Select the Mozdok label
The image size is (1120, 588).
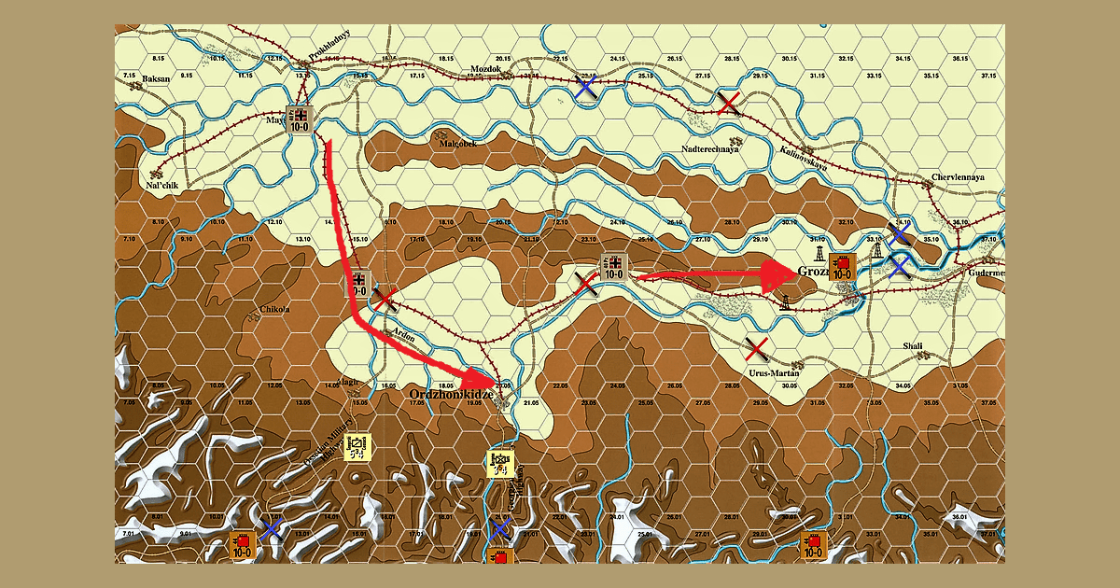(x=485, y=69)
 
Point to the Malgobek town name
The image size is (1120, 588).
(x=458, y=143)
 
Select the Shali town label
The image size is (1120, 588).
(x=912, y=346)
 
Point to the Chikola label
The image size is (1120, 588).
(x=273, y=308)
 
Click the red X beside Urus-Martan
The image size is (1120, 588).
(x=758, y=350)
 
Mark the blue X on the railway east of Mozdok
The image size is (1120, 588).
(x=586, y=88)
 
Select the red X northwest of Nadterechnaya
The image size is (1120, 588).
(x=729, y=103)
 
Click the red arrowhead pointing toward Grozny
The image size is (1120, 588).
(x=777, y=276)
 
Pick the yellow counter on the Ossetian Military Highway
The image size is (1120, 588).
(x=357, y=448)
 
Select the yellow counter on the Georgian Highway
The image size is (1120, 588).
(x=500, y=464)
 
